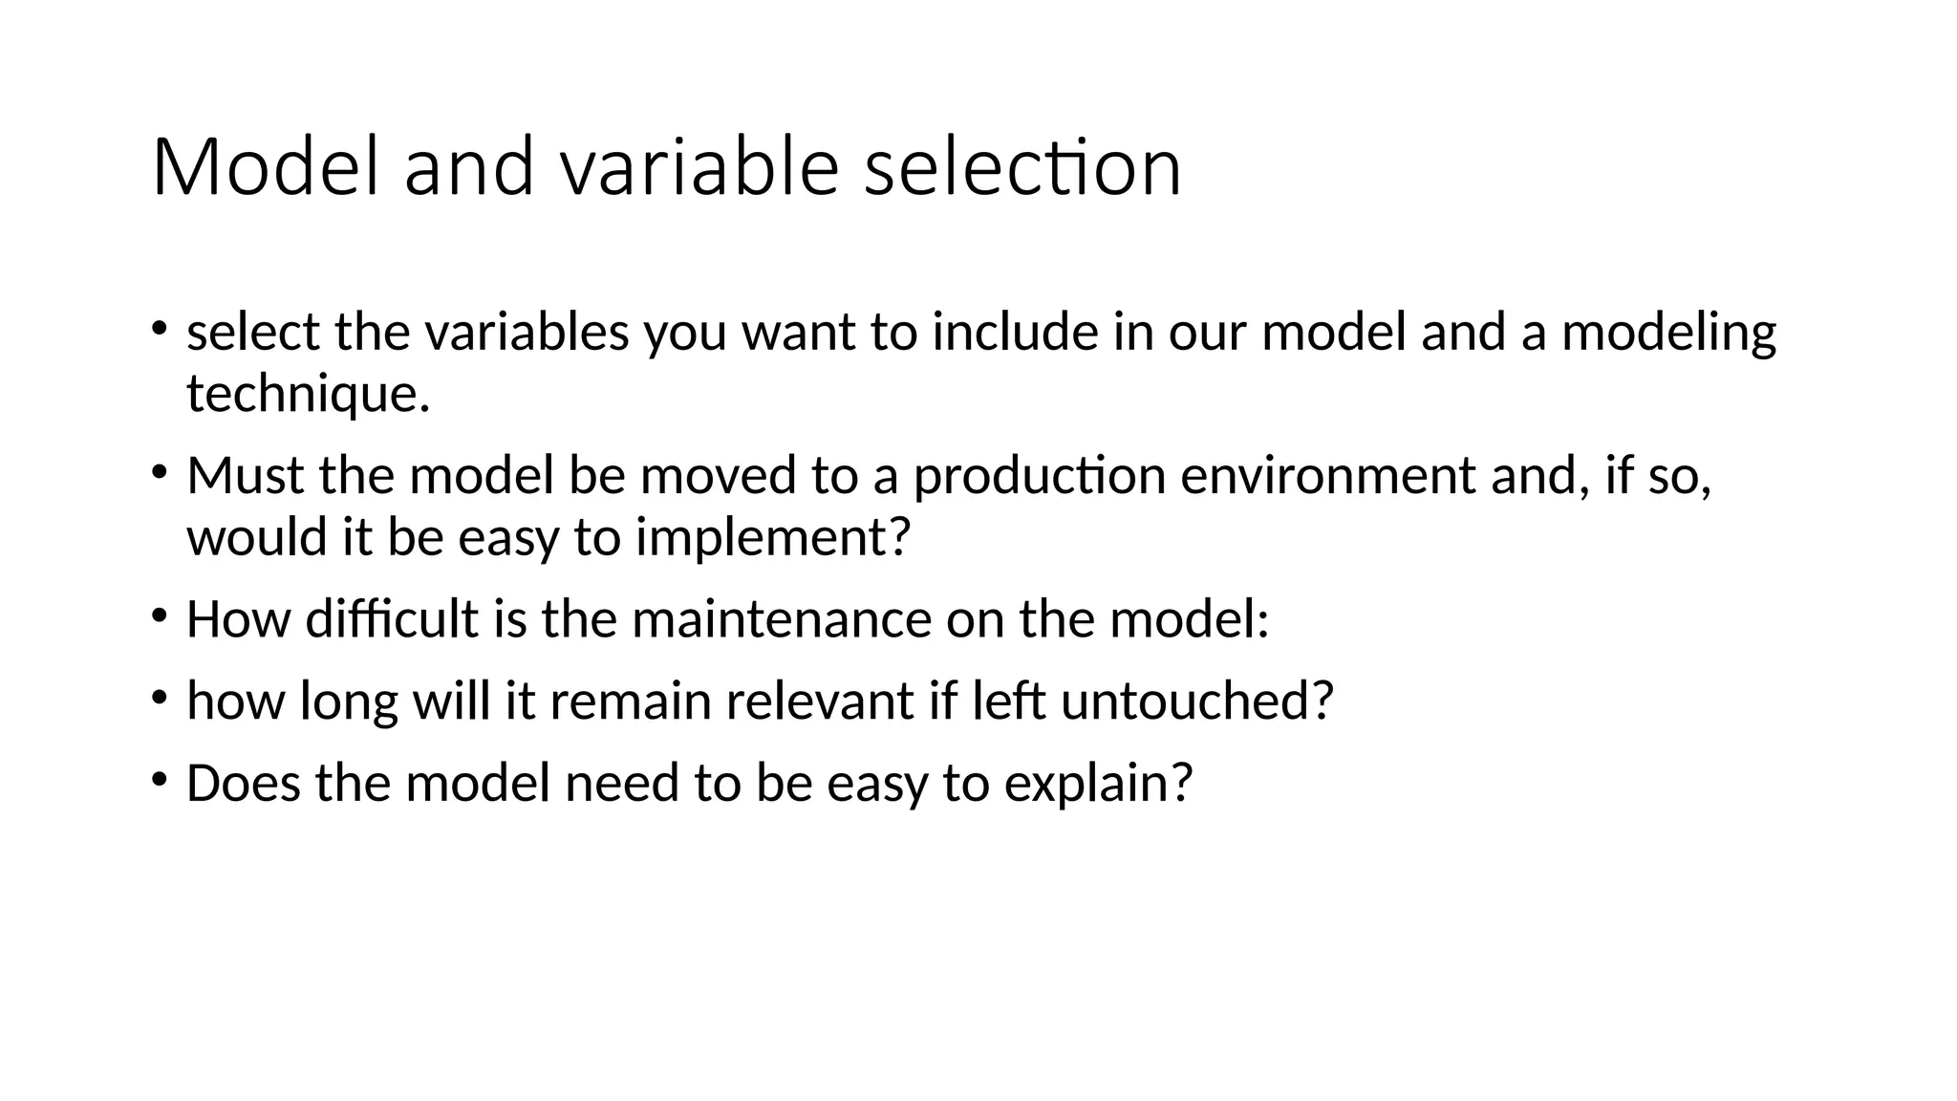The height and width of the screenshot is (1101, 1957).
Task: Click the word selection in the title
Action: (x=1022, y=167)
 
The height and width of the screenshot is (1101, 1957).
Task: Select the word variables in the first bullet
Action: (x=527, y=333)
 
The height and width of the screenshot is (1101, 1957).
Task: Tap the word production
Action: (x=1040, y=475)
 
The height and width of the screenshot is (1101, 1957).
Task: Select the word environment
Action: (x=1328, y=475)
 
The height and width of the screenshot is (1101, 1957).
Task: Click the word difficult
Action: (x=392, y=618)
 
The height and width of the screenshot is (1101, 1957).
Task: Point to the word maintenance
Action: (x=782, y=618)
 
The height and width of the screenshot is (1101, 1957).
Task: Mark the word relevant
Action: (x=819, y=701)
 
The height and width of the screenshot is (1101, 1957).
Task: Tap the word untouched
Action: (x=1197, y=701)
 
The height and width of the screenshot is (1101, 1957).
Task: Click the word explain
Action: (x=1099, y=783)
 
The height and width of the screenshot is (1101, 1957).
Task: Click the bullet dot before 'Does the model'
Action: (x=159, y=780)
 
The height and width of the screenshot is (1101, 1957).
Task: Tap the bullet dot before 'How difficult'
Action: (x=159, y=615)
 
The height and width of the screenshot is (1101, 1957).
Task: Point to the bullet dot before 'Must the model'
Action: (x=159, y=472)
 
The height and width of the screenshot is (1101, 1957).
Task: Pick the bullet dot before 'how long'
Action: (x=159, y=698)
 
